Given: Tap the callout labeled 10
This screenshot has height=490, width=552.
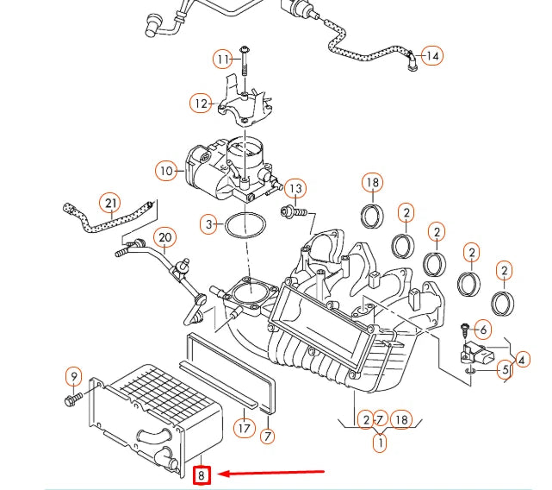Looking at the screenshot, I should coord(166,171).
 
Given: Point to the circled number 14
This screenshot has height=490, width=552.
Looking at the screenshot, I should coord(431,56).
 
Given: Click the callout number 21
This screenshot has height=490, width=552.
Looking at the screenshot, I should coord(109,204).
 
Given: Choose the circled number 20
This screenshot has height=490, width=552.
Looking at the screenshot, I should coord(164,237).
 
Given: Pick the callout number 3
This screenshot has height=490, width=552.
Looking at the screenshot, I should coord(208,226).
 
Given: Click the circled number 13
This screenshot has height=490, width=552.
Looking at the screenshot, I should coord(295,188).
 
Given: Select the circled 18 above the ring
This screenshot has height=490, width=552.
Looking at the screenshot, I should coord(372,183).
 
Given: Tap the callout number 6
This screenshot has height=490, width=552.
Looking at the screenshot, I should coord(482,329).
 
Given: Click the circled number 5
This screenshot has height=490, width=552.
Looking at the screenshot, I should coord(505,369).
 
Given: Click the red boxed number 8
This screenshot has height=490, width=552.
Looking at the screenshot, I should coord(201,474).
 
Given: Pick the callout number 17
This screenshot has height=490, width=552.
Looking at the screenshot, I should coord(244,426).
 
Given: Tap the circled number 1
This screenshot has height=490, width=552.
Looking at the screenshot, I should coord(379,443).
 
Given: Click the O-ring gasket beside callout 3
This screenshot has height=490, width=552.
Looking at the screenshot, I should coord(245,227).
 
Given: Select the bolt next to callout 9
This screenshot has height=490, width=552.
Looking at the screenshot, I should coord(72,399).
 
